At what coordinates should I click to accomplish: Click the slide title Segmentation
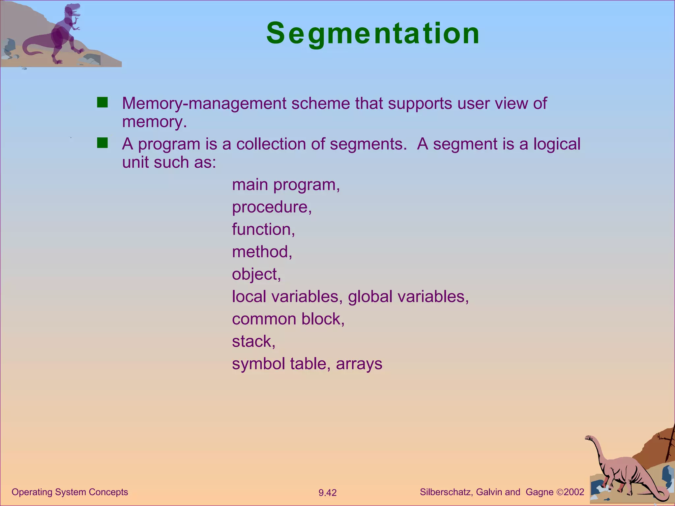[373, 34]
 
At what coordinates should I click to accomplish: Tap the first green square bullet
[103, 103]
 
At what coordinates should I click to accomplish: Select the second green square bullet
[103, 143]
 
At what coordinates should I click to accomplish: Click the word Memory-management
[204, 103]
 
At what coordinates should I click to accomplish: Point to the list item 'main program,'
[286, 185]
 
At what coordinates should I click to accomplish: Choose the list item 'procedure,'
[272, 207]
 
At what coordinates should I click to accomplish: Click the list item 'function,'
[263, 229]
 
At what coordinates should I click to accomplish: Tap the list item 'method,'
[262, 252]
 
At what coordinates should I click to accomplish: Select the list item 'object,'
[256, 274]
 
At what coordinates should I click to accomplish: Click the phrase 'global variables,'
[408, 296]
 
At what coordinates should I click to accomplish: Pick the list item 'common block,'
[288, 319]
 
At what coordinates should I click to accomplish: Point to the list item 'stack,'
[253, 341]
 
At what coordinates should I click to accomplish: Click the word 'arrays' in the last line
[359, 364]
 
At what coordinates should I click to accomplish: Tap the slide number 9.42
[327, 493]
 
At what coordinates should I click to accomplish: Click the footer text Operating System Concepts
[70, 492]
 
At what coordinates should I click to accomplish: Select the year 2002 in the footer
[574, 492]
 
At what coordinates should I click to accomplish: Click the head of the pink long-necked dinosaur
[589, 438]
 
